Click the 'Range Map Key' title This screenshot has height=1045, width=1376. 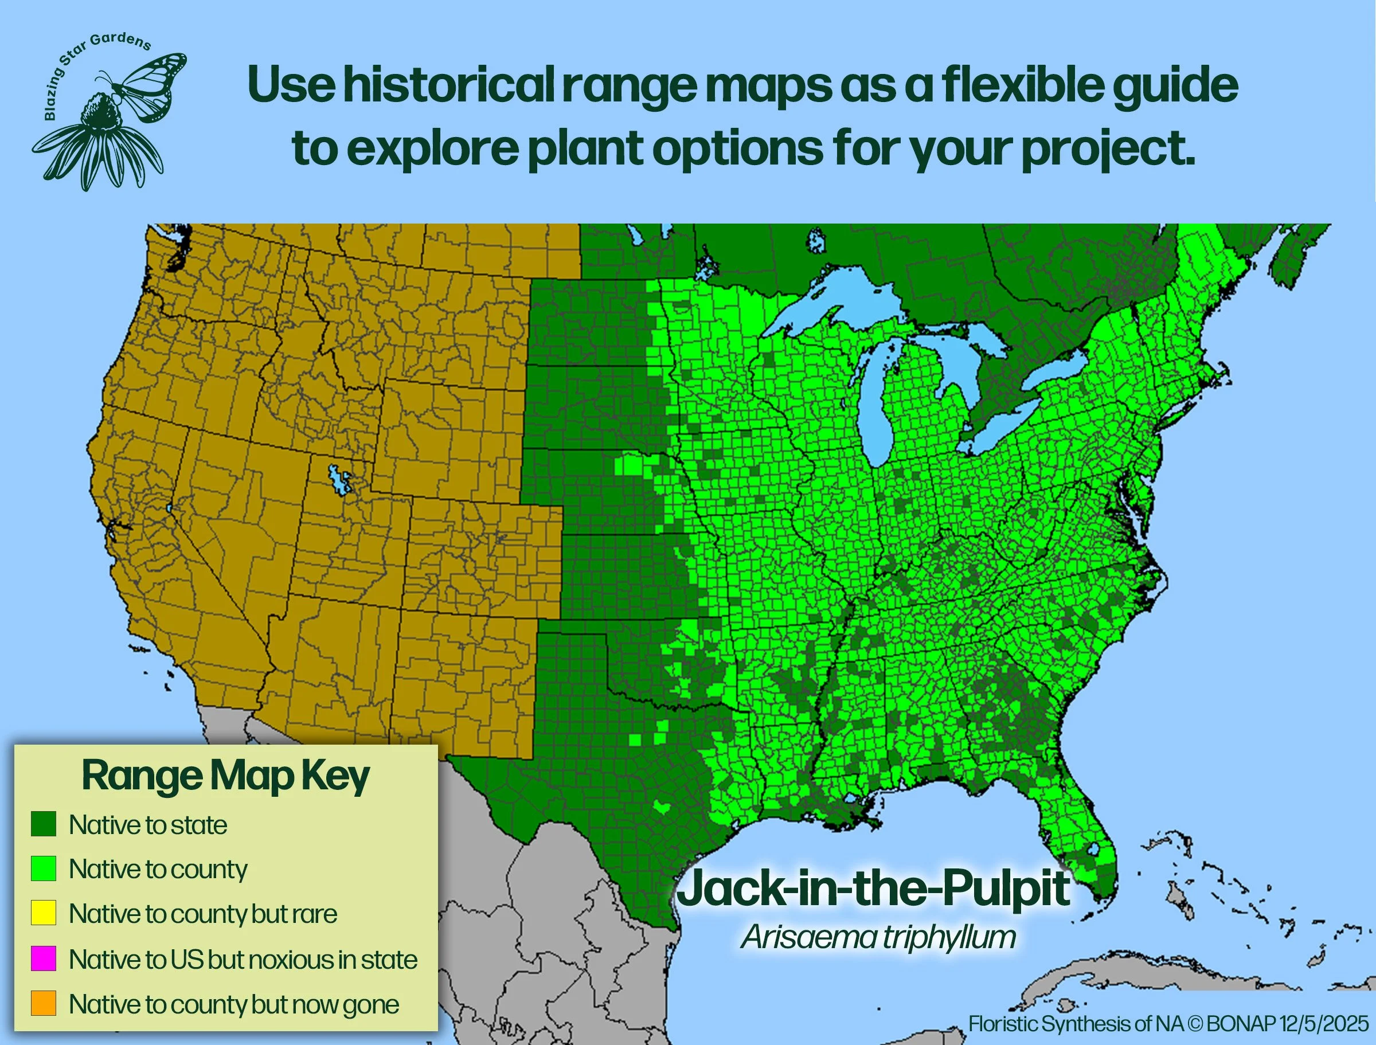coord(225,776)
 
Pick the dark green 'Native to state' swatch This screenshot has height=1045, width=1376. coord(44,824)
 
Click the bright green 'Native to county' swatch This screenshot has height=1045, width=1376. coord(44,868)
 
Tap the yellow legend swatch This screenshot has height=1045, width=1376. coord(44,913)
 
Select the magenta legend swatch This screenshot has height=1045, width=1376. coord(44,958)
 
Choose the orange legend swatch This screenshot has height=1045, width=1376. coord(44,1003)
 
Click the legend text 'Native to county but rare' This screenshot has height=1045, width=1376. coord(203,914)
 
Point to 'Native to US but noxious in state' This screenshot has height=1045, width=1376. coord(243,959)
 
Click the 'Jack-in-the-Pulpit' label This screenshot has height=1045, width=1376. coord(873,889)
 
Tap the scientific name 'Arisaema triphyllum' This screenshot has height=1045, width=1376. coord(878,937)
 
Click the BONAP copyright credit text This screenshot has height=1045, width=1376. coord(1168,1024)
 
